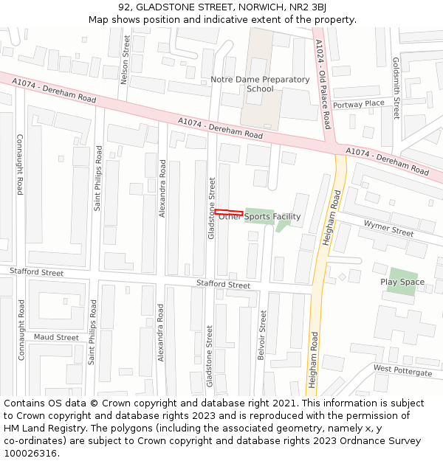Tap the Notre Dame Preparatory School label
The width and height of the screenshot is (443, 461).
click(x=260, y=84)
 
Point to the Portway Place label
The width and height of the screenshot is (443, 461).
click(x=359, y=104)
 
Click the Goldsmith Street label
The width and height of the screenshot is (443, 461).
click(x=396, y=88)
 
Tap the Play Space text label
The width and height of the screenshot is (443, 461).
click(x=402, y=282)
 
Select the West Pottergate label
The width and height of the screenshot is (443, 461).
click(x=402, y=370)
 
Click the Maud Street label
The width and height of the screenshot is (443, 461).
click(x=56, y=337)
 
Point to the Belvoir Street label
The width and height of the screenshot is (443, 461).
click(x=262, y=334)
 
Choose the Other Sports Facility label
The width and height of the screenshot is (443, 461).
click(x=260, y=217)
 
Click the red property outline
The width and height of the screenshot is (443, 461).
click(x=229, y=212)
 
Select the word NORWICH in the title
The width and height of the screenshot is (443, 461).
click(x=252, y=7)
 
